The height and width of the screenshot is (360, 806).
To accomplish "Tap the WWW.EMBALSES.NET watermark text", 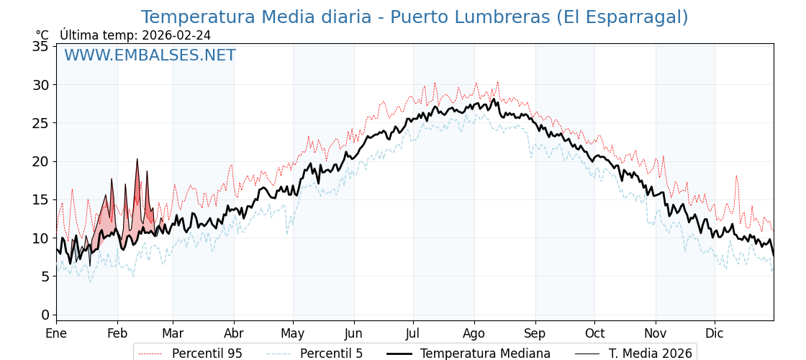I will pyautogui.click(x=150, y=55).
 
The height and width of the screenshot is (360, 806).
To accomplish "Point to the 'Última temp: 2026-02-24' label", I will pyautogui.click(x=135, y=35).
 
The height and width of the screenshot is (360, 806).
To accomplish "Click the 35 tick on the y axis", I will pyautogui.click(x=41, y=47).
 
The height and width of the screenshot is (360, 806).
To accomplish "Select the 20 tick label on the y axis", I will pyautogui.click(x=41, y=161).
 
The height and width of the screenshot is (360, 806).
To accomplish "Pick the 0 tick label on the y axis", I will pyautogui.click(x=45, y=315).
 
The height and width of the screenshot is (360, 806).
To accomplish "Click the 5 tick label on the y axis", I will pyautogui.click(x=45, y=276).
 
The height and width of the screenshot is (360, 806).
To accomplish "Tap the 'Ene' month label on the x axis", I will pyautogui.click(x=56, y=333).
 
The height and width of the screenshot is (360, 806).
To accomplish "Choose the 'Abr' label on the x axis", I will pyautogui.click(x=234, y=333).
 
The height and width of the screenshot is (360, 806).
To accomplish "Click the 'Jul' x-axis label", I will pyautogui.click(x=413, y=333).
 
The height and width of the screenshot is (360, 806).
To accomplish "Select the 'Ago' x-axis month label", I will pyautogui.click(x=474, y=333).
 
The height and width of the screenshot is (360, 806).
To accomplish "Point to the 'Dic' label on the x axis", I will pyautogui.click(x=715, y=333).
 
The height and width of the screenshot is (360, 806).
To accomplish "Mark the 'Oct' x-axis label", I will pyautogui.click(x=594, y=333).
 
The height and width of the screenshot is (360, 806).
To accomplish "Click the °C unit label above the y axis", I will pyautogui.click(x=42, y=35).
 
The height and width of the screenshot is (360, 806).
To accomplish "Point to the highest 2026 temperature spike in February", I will pyautogui.click(x=137, y=160).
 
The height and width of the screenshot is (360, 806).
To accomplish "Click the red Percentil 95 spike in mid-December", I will pyautogui.click(x=736, y=176).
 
